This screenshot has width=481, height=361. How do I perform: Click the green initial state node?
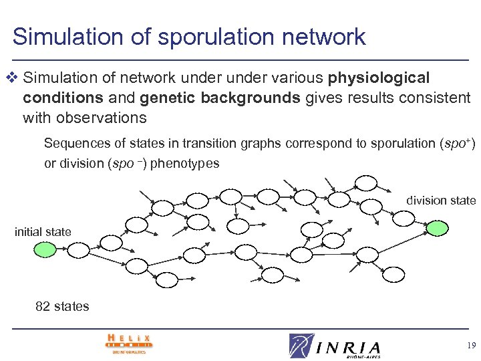pos(45,251)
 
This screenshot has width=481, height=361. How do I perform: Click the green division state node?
pos(438,229)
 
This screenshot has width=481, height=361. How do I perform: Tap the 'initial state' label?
pos(43,232)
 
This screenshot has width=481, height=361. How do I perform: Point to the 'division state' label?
pos(441,200)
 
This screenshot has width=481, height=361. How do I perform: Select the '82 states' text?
pos(62,307)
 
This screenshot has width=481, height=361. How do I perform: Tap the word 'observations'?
pos(84,118)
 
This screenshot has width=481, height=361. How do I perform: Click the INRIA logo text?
pos(347,348)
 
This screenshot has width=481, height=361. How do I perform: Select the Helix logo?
pos(128,344)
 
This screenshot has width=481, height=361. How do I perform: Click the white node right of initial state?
pos(79,251)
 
